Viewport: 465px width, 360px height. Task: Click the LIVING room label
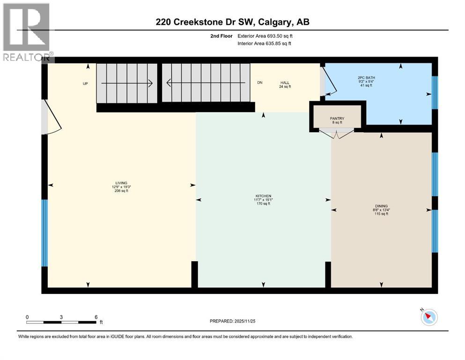coord(122,183)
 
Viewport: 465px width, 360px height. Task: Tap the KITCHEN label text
coord(263,196)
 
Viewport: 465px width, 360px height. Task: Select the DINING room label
coord(381,205)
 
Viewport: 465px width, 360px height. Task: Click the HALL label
coord(285,82)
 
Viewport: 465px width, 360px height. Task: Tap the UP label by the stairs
coord(85,83)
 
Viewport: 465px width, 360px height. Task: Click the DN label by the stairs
coord(259,83)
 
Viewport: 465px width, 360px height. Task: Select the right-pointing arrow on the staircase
coord(127,83)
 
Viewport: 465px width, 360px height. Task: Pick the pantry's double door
coord(337,135)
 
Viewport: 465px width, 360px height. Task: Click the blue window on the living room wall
coord(44,233)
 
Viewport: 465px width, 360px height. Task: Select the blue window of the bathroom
coord(434,92)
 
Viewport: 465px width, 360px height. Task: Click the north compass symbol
coord(428,317)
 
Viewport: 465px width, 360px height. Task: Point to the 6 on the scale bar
coord(96,317)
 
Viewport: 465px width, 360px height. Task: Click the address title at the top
coord(232,22)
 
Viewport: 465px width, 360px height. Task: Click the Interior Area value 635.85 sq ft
coord(277,44)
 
